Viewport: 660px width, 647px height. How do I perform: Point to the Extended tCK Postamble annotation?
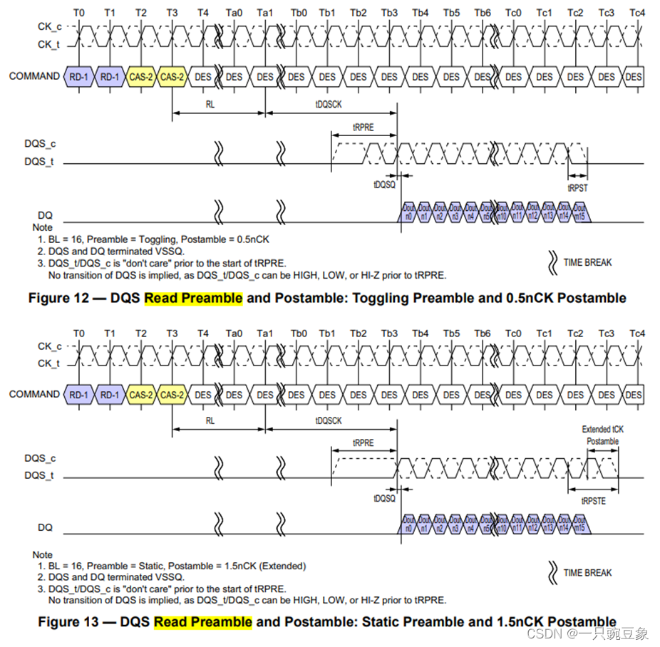602,435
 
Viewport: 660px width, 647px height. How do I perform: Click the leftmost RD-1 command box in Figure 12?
79,76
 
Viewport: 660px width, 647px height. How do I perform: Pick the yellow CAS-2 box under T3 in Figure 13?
172,394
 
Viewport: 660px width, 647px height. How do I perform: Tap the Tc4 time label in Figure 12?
637,13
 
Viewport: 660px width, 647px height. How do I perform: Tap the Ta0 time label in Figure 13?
234,333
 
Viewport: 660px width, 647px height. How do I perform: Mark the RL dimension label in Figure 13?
210,420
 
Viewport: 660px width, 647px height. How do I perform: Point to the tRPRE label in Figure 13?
363,442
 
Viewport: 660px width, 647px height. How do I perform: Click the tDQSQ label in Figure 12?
384,183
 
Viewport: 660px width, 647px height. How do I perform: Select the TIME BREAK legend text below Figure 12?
587,262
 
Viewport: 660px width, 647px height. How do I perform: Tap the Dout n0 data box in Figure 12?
408,212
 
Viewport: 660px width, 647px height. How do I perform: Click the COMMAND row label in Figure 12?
34,76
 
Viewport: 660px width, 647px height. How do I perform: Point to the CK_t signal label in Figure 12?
48,44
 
